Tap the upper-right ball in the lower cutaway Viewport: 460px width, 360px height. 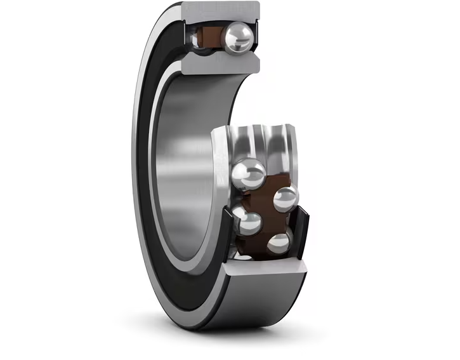point(286,199)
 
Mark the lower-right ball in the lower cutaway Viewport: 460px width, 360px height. point(279,243)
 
